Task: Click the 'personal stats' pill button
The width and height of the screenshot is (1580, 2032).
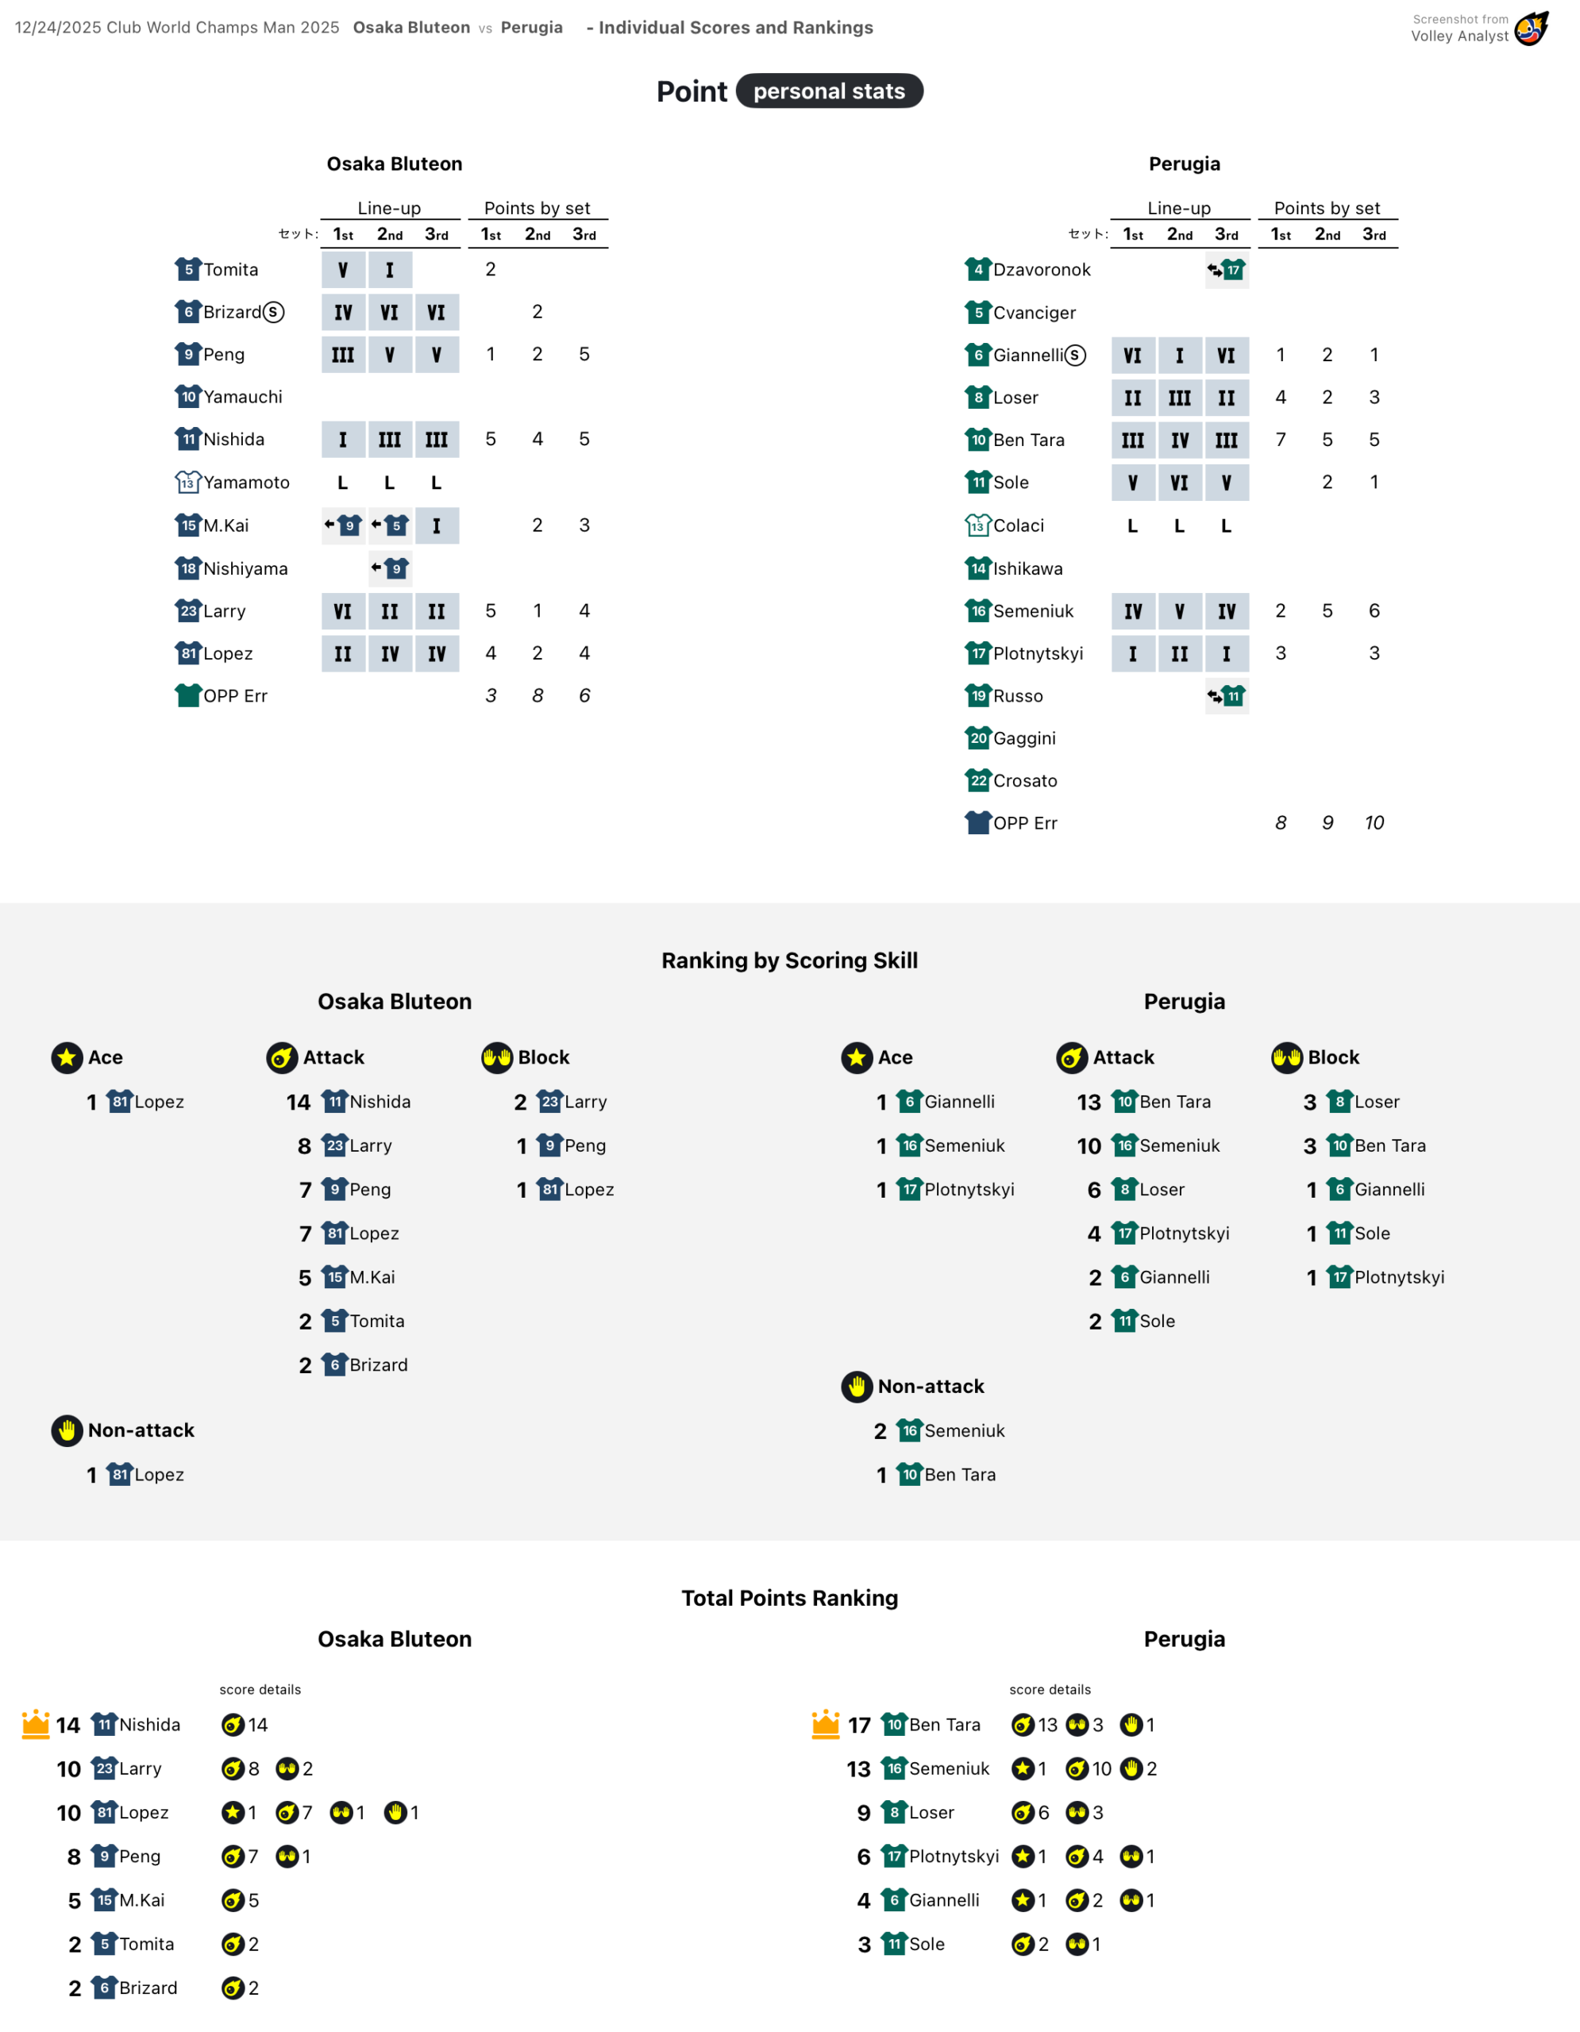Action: [828, 91]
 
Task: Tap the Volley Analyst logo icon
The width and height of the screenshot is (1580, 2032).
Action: [1531, 28]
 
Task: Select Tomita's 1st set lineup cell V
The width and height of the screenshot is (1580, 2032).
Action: [342, 270]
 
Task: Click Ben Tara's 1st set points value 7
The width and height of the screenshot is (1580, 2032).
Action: [1281, 439]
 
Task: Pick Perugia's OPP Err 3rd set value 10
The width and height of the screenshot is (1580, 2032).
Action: [1374, 822]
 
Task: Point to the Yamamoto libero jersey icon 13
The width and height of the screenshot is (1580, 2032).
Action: [188, 482]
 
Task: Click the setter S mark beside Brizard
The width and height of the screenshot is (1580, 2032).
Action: [272, 312]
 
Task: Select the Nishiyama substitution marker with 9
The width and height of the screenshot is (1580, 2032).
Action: [389, 568]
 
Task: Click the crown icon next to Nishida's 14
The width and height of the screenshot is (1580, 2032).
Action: [36, 1723]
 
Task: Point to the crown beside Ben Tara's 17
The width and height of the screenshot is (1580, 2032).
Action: [826, 1723]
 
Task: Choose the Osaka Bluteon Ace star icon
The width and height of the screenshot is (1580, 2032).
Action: [67, 1057]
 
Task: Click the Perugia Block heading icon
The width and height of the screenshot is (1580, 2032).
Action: [1287, 1057]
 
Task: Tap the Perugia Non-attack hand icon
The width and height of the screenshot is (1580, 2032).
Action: [857, 1387]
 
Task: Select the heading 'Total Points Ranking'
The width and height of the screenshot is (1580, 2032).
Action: [789, 1598]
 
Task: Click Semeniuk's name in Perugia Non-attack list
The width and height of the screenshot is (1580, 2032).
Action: [964, 1430]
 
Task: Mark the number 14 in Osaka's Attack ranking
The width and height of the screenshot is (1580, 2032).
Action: [298, 1102]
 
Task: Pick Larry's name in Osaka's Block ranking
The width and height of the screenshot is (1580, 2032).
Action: [585, 1102]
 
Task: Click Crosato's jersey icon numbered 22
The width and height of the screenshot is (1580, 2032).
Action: [978, 780]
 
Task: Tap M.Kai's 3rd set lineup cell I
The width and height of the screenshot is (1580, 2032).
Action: [437, 525]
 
